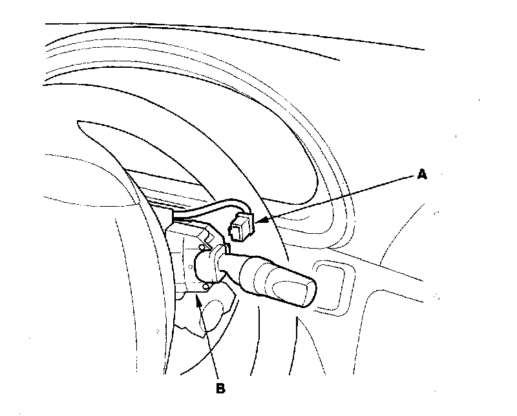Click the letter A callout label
[421, 174]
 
